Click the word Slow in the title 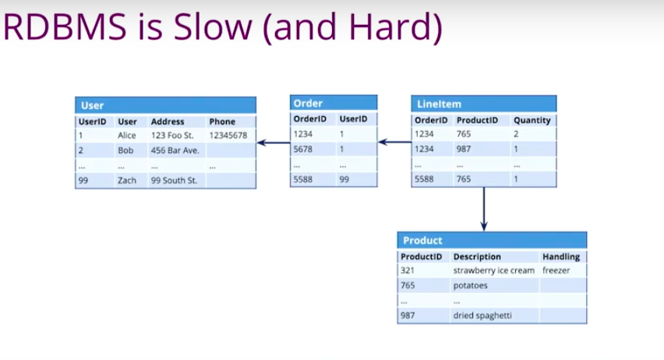click(x=213, y=26)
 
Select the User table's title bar click(x=165, y=105)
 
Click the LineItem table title click(x=439, y=104)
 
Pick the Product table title click(x=422, y=241)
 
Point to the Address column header click(x=168, y=122)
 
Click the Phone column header click(x=222, y=122)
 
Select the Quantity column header click(x=532, y=120)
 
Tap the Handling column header click(x=561, y=256)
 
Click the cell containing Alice click(x=126, y=136)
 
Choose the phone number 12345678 click(x=228, y=136)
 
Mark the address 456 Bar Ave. click(x=175, y=150)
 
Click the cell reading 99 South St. click(x=174, y=181)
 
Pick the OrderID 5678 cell click(x=303, y=149)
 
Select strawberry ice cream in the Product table click(x=494, y=270)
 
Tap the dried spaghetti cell click(x=482, y=316)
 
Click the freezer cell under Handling click(x=556, y=270)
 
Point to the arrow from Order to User click(x=274, y=143)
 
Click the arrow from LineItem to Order click(x=394, y=142)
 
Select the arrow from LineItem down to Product click(x=484, y=210)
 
